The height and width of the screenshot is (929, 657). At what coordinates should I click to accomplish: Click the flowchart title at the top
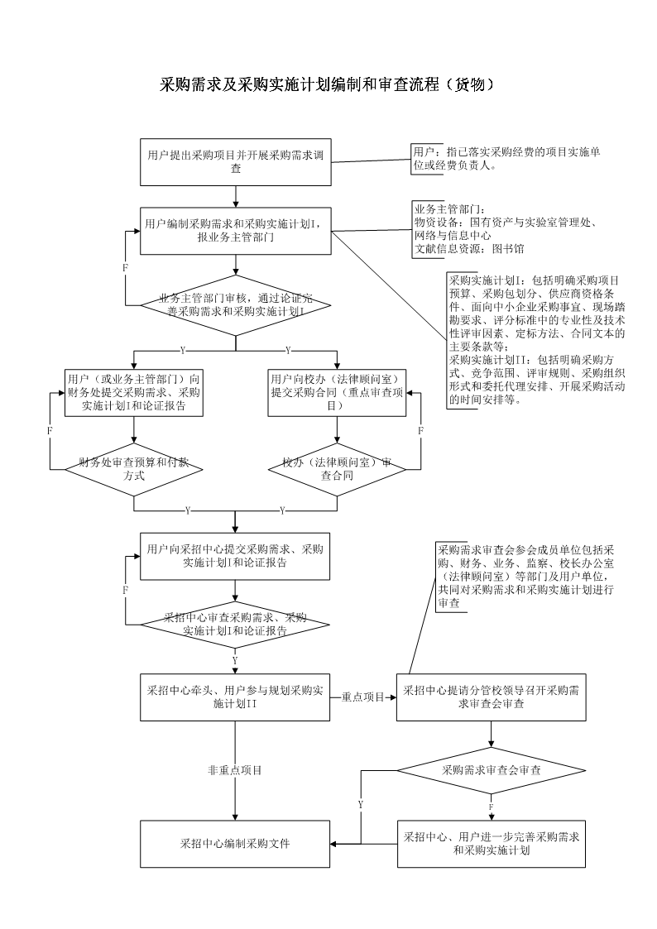(x=328, y=86)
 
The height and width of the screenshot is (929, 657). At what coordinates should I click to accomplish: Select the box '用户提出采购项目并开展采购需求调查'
(x=236, y=162)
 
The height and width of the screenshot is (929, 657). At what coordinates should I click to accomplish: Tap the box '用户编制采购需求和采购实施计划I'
(x=236, y=230)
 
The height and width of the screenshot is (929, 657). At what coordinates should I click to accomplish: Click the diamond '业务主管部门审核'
(x=236, y=304)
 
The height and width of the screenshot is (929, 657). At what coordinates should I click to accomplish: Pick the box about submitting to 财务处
(x=134, y=392)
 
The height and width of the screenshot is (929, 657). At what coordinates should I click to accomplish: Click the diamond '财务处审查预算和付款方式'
(x=134, y=469)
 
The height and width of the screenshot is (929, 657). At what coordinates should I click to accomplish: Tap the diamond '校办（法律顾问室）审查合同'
(x=337, y=469)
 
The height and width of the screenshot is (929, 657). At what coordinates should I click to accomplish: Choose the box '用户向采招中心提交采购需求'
(x=236, y=556)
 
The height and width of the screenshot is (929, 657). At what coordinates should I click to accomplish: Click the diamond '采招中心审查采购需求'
(x=236, y=624)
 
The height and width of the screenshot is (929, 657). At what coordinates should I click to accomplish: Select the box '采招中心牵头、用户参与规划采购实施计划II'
(x=236, y=697)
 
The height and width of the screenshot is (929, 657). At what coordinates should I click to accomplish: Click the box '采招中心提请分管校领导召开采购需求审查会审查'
(x=492, y=697)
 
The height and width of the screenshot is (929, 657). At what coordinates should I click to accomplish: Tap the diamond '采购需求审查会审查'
(x=492, y=770)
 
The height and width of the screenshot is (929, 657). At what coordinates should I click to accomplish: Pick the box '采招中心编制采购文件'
(x=236, y=844)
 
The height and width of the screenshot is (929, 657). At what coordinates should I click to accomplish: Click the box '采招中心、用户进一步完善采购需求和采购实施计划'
(x=492, y=844)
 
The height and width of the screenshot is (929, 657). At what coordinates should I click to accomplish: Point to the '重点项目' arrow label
(x=362, y=697)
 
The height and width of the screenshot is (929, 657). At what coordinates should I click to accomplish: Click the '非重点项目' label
(x=235, y=770)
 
